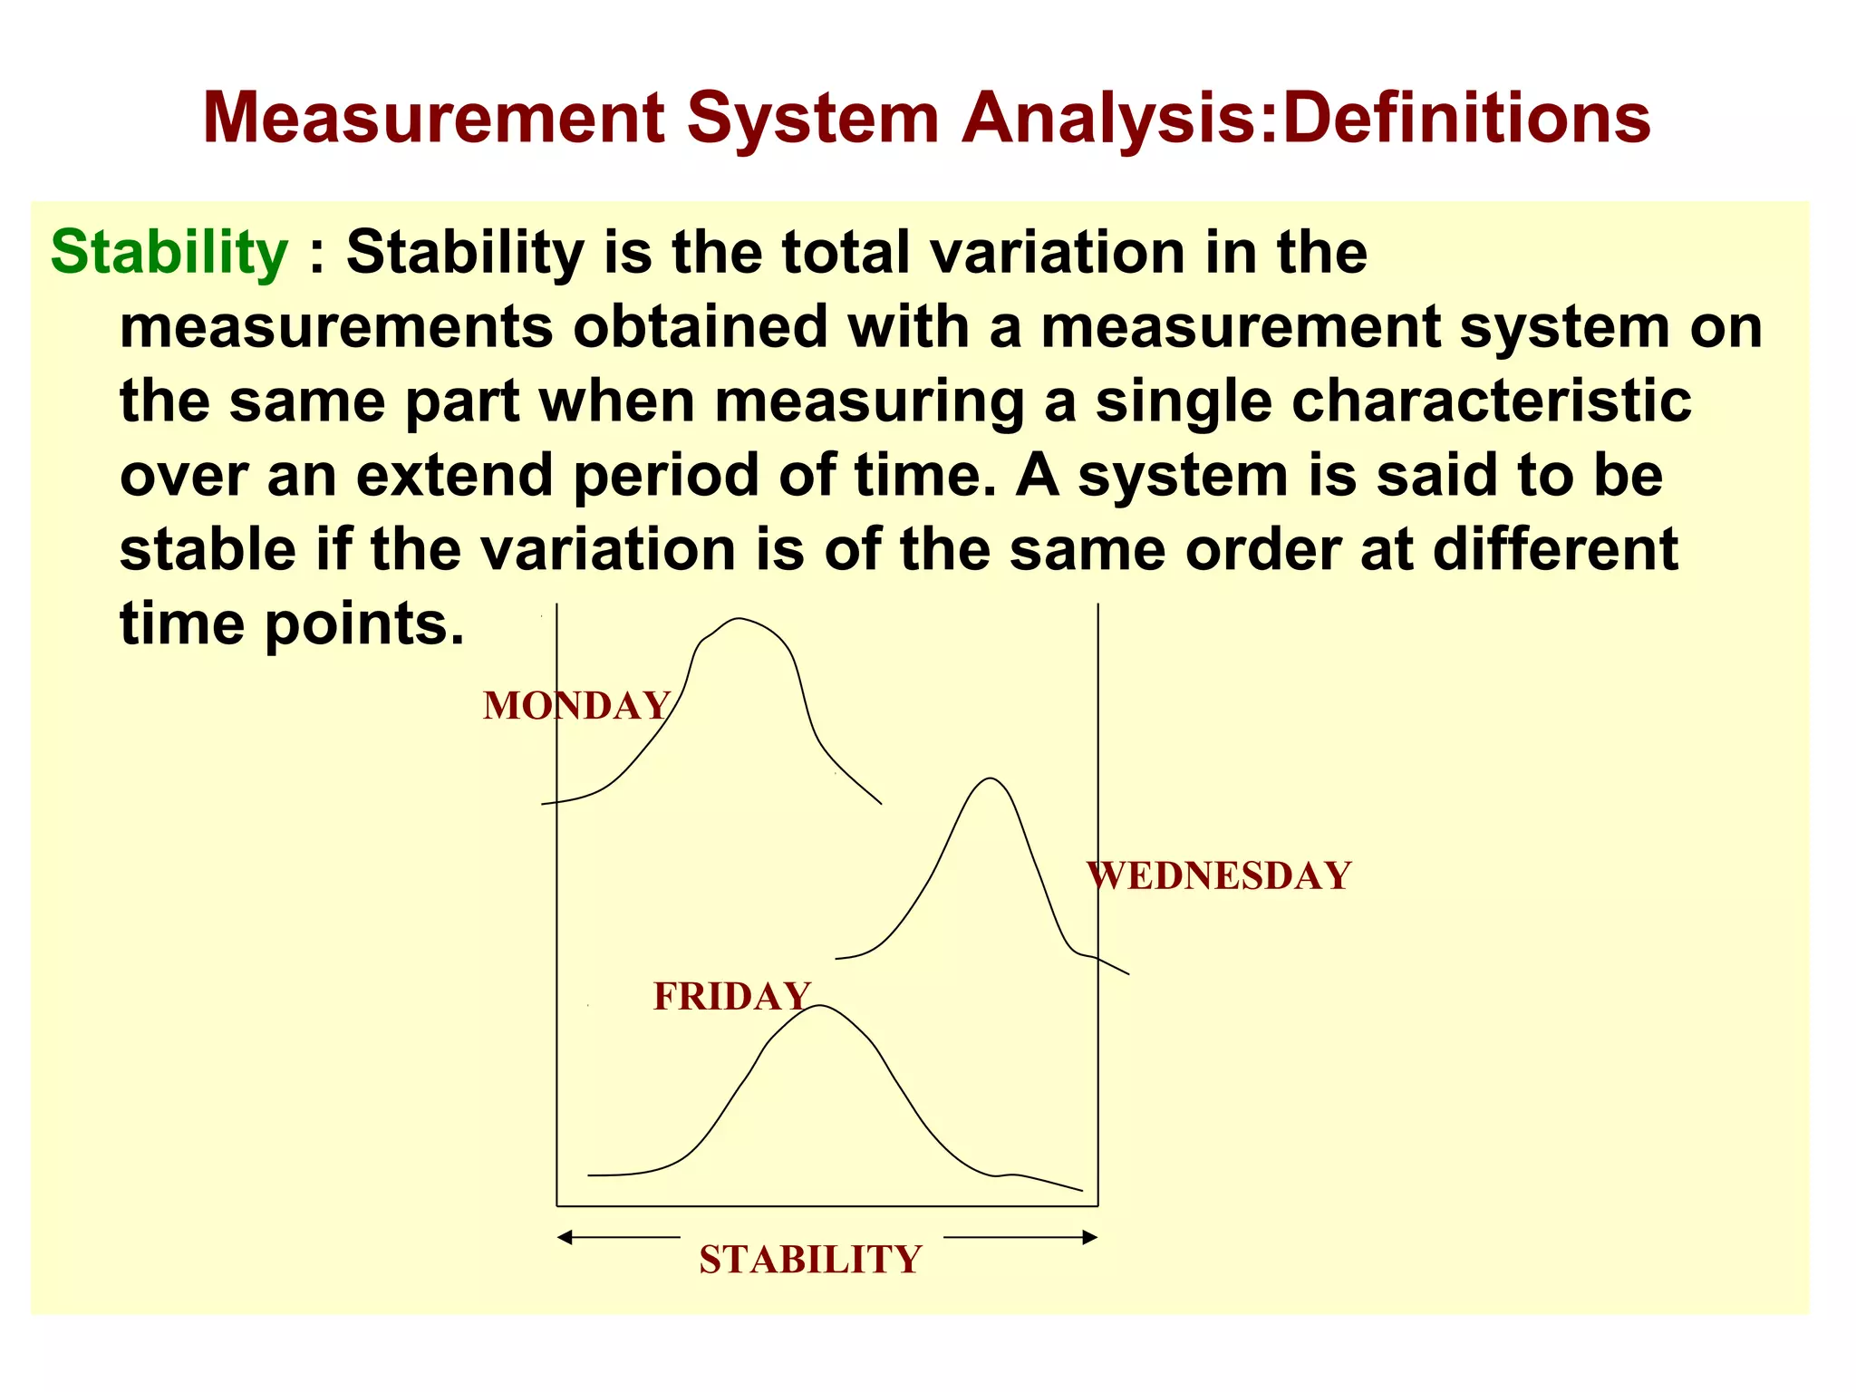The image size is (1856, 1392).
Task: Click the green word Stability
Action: point(169,252)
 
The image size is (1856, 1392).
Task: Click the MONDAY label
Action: point(576,706)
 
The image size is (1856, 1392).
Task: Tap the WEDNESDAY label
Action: point(1219,876)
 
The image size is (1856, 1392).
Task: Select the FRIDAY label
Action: point(731,997)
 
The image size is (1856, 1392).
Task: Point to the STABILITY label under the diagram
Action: point(810,1260)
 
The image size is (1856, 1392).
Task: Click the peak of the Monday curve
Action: point(739,619)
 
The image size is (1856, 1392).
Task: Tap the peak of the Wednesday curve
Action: point(991,778)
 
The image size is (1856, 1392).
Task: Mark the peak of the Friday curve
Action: point(821,1006)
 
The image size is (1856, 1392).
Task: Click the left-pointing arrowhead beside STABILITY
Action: point(565,1237)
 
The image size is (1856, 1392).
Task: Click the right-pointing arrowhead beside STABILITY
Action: point(1090,1237)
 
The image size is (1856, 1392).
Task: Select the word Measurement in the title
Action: point(434,118)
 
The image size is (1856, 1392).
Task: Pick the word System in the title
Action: point(813,118)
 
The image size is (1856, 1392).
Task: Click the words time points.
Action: point(291,623)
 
